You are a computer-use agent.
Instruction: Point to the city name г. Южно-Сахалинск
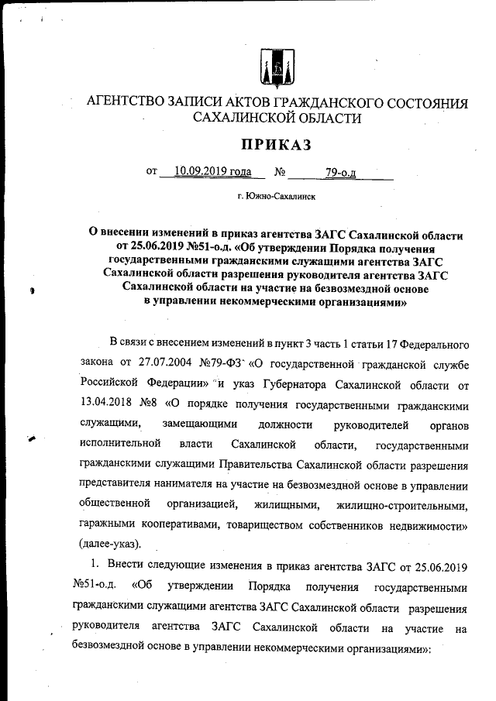coord(277,197)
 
